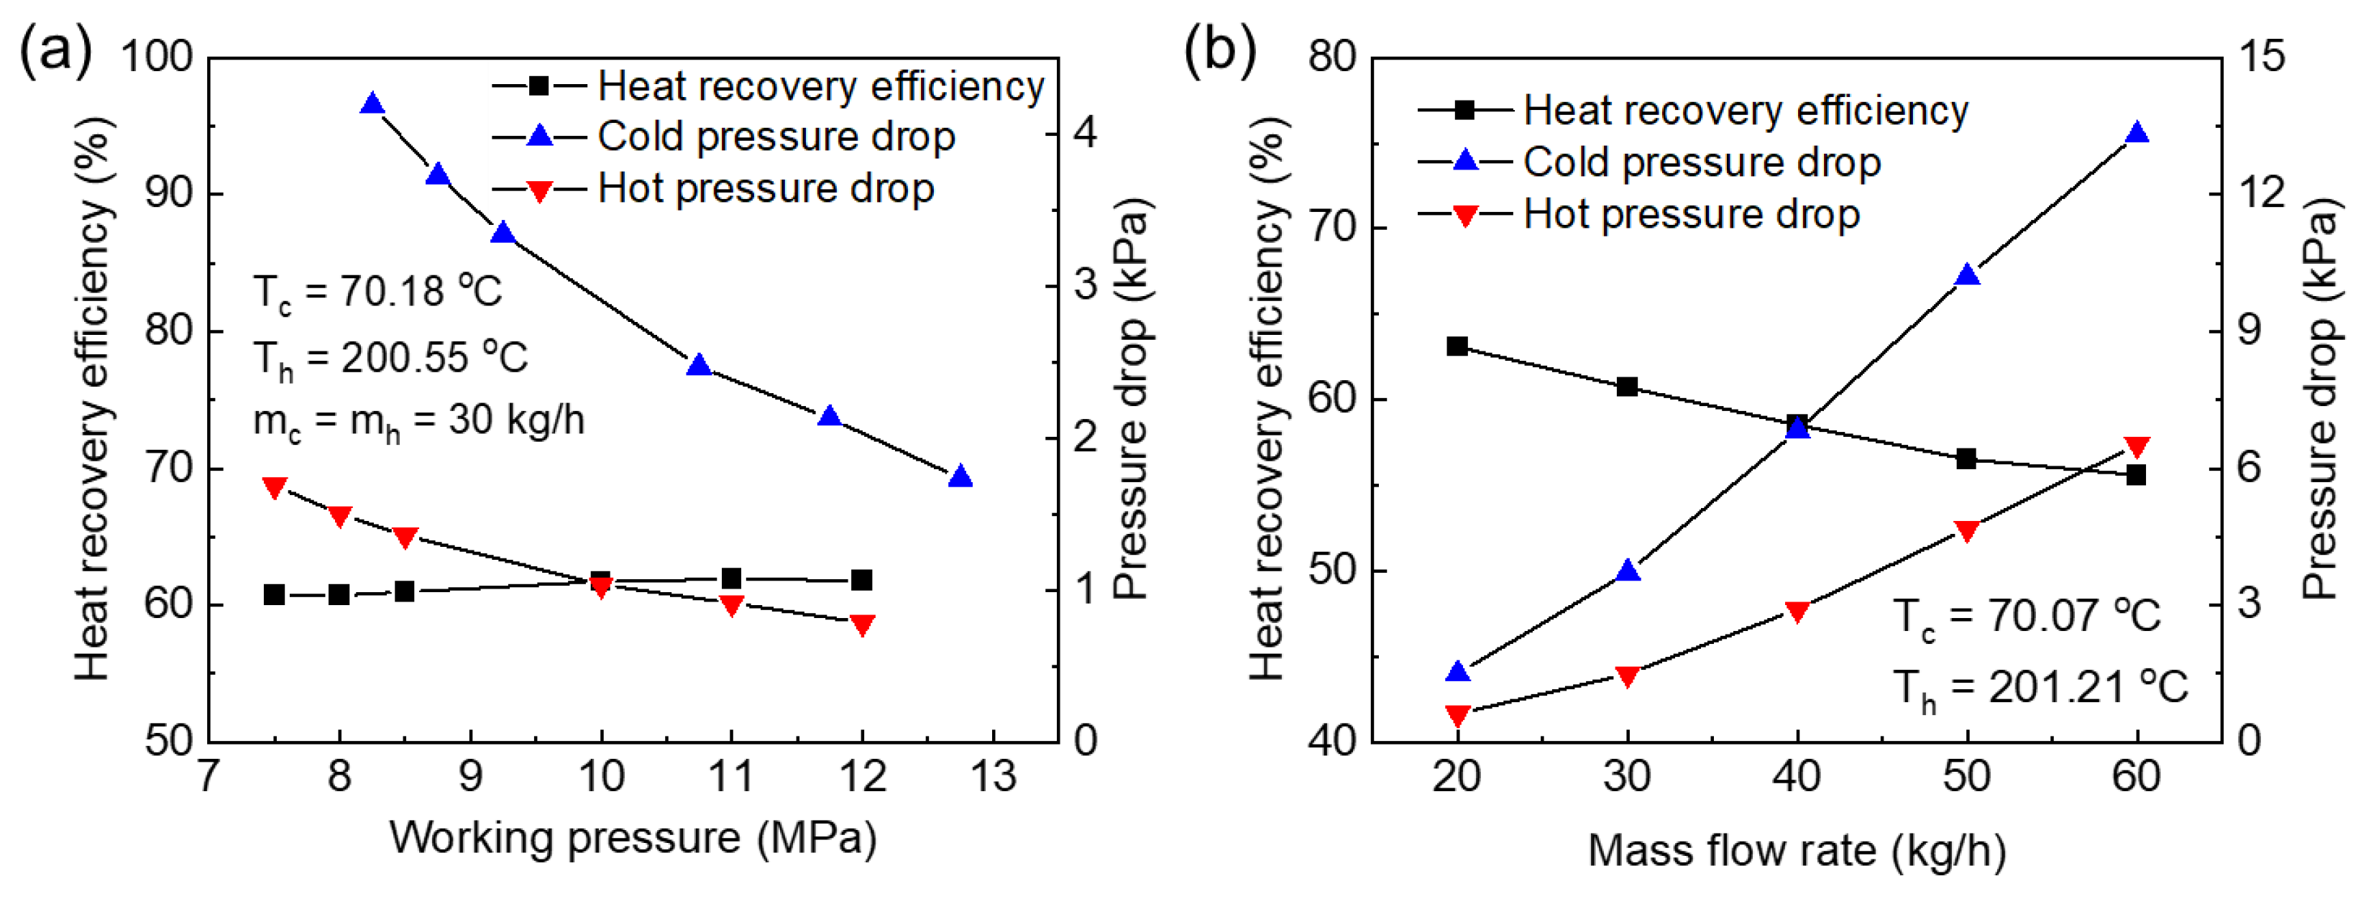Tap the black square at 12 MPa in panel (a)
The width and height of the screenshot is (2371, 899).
click(861, 580)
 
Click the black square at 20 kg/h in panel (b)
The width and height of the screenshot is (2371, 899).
click(1457, 346)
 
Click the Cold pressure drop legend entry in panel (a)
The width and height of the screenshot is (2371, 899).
click(776, 137)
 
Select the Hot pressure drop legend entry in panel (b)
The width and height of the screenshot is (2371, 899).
click(1691, 214)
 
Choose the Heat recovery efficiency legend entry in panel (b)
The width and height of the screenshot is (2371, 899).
click(1745, 111)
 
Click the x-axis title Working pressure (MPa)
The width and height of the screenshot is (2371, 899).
click(633, 838)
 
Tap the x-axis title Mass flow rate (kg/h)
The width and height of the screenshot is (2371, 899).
click(1797, 850)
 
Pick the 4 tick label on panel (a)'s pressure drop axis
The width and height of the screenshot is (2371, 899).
click(1086, 134)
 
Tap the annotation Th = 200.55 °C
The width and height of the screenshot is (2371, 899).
click(390, 357)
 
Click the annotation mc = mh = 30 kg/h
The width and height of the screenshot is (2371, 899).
click(419, 421)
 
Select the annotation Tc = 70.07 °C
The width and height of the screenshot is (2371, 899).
click(2026, 617)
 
